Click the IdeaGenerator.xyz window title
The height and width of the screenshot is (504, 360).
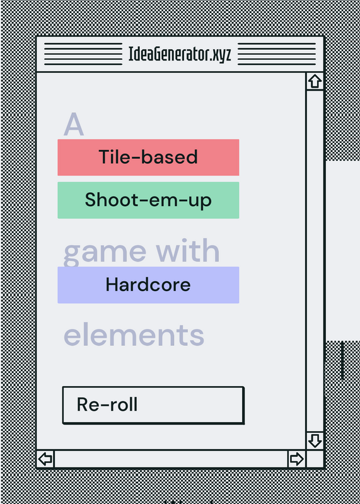tap(180, 54)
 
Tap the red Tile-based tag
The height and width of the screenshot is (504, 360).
tap(148, 157)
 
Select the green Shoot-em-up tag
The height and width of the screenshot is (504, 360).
tap(148, 200)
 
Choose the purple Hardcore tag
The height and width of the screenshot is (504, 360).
tap(148, 285)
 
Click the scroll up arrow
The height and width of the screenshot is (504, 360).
tap(315, 81)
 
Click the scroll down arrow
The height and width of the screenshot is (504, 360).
tap(315, 440)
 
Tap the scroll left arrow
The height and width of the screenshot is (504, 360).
tap(45, 459)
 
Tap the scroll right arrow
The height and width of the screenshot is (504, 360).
tap(296, 459)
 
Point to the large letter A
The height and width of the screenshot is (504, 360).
tap(74, 124)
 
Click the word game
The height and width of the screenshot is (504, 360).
tap(105, 253)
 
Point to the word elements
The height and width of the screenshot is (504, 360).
tap(134, 335)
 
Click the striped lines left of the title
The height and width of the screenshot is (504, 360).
tap(83, 54)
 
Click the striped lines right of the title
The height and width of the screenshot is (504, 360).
tap(277, 54)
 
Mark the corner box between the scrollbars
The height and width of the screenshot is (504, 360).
tap(315, 459)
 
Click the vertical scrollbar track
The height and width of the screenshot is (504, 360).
tap(315, 261)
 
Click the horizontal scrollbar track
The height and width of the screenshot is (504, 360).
tap(171, 459)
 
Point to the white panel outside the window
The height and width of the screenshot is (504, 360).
tap(343, 251)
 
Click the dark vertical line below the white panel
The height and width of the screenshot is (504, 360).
tap(342, 360)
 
